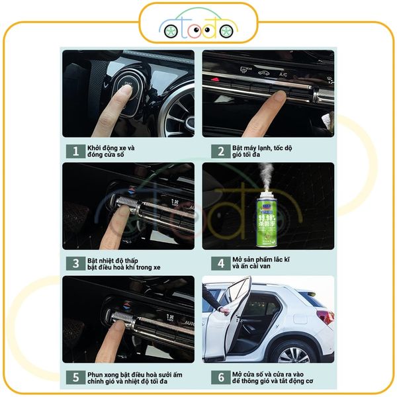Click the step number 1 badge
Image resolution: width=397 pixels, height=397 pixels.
coord(75,151)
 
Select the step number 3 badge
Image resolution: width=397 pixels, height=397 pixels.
coord(75,263)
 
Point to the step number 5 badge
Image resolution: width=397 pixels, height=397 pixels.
coord(75,378)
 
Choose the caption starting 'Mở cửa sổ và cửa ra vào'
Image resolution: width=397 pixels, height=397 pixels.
coord(272,378)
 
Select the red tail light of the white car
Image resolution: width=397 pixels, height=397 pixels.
coord(324,316)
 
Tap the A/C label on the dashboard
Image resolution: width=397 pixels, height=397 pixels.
coord(283,75)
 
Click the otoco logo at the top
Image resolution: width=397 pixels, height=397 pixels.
coord(198,26)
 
